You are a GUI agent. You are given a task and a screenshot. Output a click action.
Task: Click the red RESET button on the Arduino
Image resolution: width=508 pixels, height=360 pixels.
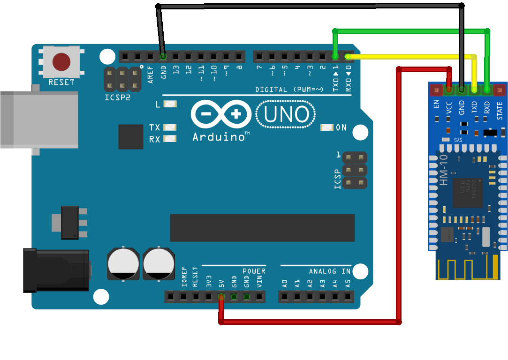pos(61,61)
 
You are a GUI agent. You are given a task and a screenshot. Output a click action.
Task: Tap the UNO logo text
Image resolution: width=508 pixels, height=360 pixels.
pos(286,115)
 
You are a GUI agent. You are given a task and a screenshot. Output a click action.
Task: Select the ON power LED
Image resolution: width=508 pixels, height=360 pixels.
pos(327,127)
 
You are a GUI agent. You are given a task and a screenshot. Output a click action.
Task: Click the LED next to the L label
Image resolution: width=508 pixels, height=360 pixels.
pos(169,104)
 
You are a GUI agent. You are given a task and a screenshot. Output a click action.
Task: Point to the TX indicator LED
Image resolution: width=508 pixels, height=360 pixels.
pos(169,127)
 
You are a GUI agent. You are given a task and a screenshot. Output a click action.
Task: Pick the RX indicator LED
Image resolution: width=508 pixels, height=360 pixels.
pos(169,138)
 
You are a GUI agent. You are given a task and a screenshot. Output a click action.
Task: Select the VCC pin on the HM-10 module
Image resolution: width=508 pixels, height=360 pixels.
pos(449,89)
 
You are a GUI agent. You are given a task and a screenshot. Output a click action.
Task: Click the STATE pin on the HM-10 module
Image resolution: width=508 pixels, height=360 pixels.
pos(500,89)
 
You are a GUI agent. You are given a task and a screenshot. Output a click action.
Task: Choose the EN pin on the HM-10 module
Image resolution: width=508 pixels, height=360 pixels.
pos(437,89)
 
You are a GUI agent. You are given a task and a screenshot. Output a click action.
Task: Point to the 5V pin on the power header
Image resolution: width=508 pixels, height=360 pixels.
pos(221,296)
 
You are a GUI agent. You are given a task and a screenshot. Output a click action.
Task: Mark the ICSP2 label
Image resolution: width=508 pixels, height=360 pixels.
pos(117,98)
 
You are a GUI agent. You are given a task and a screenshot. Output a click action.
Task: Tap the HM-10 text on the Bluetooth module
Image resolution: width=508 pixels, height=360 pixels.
pos(444,171)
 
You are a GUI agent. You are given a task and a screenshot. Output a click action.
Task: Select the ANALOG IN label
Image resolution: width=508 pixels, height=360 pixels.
pos(329,271)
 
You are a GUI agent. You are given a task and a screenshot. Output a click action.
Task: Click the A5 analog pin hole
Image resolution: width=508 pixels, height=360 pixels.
pos(348,296)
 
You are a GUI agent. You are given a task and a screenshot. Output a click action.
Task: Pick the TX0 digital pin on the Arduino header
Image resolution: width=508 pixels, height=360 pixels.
pos(335,57)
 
